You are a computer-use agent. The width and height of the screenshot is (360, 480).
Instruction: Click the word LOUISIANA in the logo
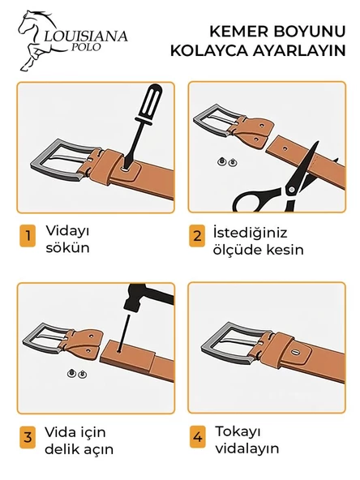(x=85, y=36)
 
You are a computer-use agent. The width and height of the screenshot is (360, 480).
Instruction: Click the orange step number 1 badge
(x=28, y=236)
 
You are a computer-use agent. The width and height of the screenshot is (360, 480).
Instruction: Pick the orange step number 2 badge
(x=197, y=236)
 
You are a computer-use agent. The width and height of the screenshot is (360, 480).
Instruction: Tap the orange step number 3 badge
(x=28, y=437)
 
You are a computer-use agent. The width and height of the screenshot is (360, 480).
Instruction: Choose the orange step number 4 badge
(x=198, y=436)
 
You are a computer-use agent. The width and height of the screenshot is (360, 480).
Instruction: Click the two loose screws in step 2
(x=228, y=161)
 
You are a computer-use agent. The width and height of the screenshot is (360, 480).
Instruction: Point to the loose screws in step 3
(x=77, y=374)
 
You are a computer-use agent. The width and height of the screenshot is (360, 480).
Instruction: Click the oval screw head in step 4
(x=295, y=353)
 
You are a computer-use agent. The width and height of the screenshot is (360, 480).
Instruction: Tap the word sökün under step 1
(x=67, y=247)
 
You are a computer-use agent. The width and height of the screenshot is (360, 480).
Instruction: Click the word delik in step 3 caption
(x=62, y=449)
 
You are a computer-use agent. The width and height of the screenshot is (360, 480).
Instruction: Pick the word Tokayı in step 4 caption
(x=238, y=432)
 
